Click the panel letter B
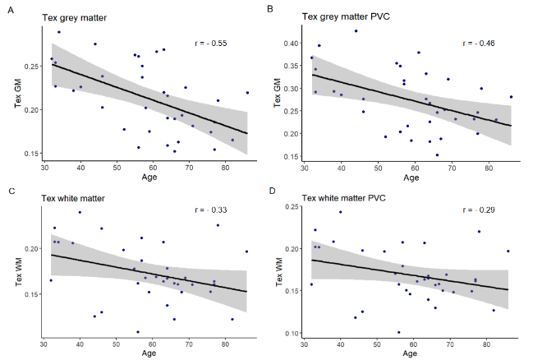click(270, 9)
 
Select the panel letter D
click(270, 190)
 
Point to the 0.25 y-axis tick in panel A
click(30, 66)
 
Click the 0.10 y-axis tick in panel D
click(291, 334)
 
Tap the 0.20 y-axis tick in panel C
click(30, 247)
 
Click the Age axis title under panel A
click(149, 177)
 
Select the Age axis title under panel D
click(410, 354)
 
